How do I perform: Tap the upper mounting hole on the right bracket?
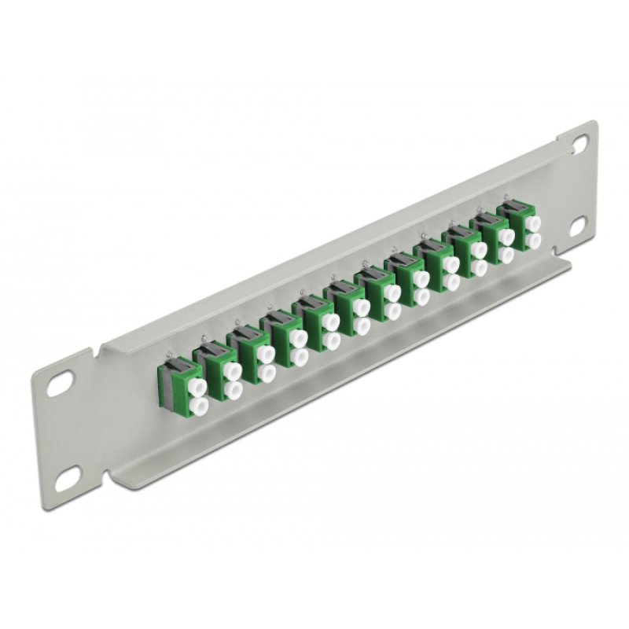click(579, 144)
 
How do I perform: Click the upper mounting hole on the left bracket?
click(58, 388)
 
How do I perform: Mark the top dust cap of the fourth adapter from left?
click(298, 337)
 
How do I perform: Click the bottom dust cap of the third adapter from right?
click(479, 267)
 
